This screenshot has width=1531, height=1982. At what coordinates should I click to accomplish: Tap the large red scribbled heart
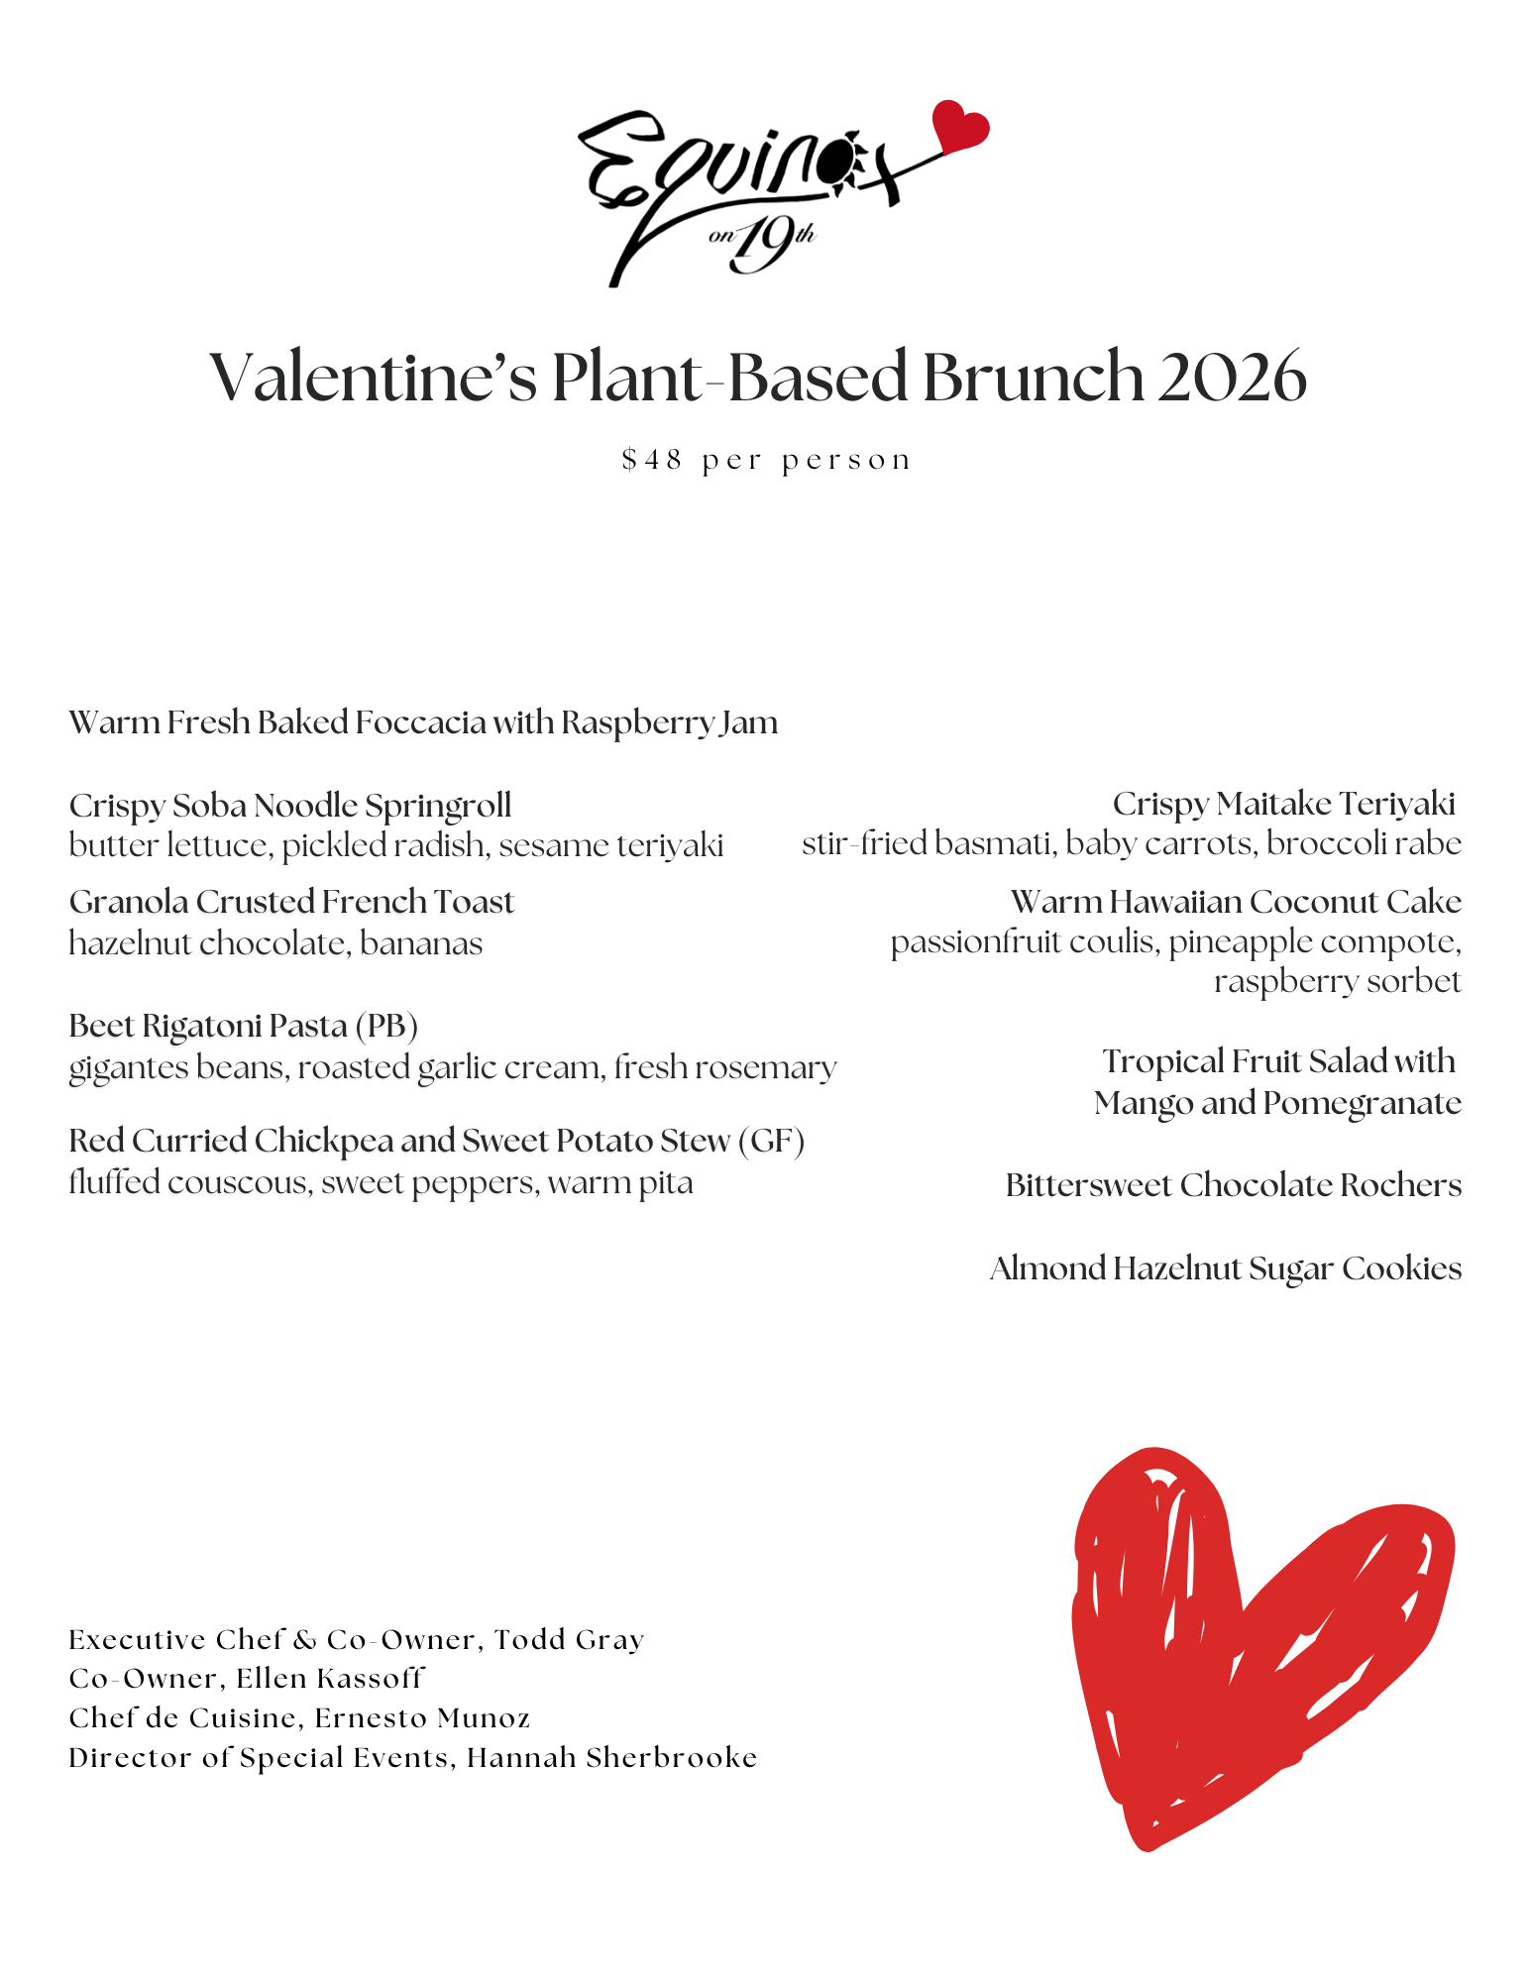[x=1249, y=1645]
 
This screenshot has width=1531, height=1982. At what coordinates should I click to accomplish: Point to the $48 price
[x=651, y=461]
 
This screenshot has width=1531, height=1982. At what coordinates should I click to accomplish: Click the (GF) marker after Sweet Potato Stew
[x=771, y=1141]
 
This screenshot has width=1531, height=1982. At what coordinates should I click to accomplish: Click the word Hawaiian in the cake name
[x=1176, y=902]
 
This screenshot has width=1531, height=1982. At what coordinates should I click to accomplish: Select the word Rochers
[x=1400, y=1185]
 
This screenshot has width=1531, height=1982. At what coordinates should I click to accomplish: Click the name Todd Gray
[x=569, y=1640]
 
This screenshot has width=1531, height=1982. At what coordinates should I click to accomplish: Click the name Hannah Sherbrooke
[x=611, y=1758]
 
